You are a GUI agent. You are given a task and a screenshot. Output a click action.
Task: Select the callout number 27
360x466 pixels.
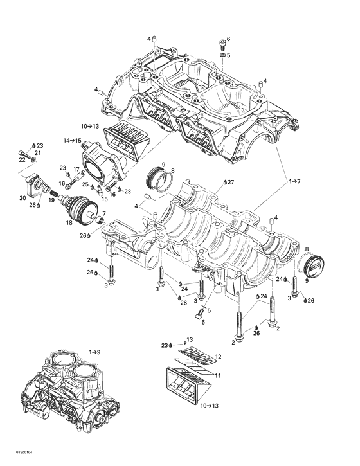click(x=231, y=183)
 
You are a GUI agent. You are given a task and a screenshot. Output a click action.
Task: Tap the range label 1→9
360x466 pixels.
click(x=94, y=352)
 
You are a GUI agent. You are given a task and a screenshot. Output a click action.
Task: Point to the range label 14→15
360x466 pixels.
click(x=71, y=140)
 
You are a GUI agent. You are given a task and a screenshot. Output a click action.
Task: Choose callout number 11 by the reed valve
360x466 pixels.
click(x=218, y=375)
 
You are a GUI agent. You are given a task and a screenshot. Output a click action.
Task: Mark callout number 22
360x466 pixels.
click(x=22, y=159)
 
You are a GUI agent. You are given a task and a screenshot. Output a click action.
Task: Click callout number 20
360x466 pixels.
click(x=22, y=197)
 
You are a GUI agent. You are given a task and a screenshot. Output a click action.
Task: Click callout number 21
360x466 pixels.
click(x=37, y=152)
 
